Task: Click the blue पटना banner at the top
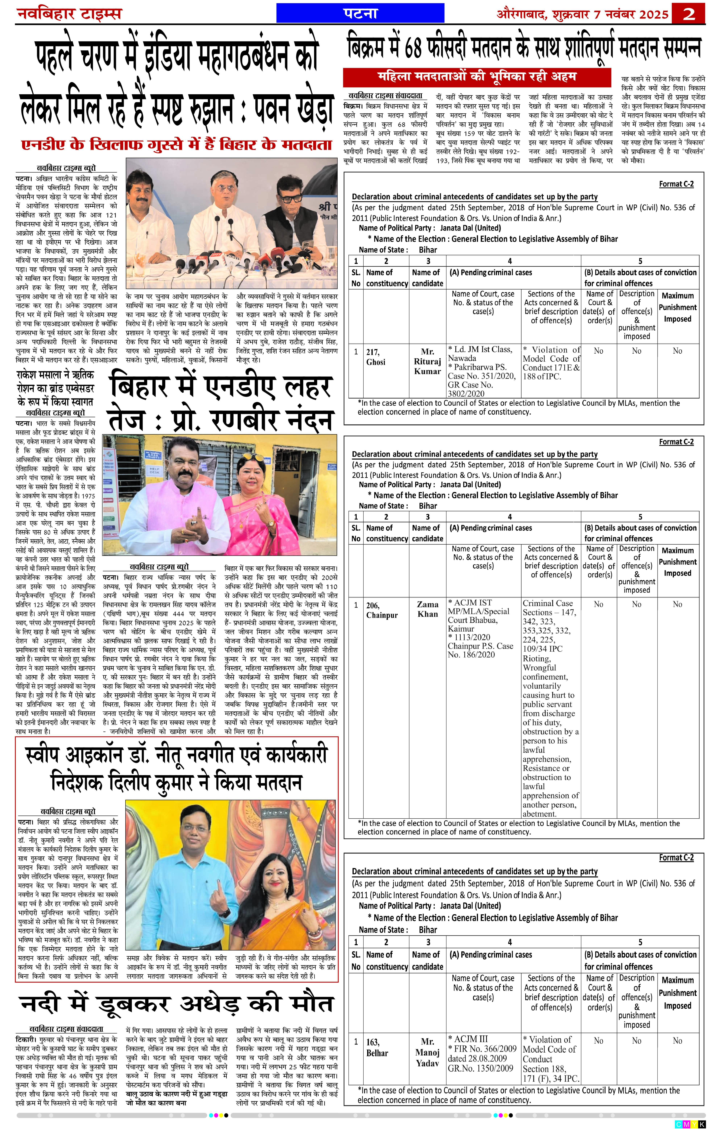click(x=360, y=13)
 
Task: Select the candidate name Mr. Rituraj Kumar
click(x=427, y=361)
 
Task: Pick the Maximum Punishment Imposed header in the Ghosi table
click(x=677, y=307)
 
